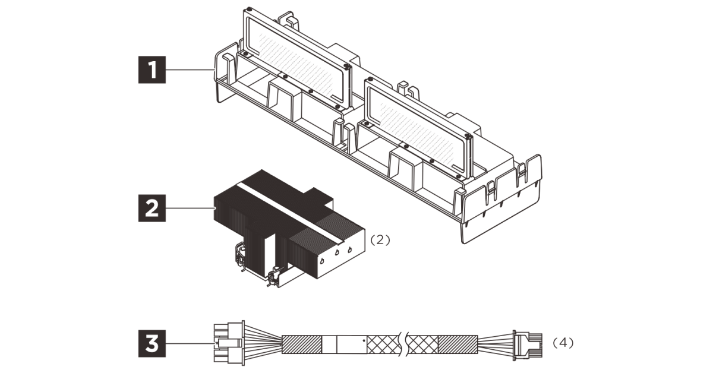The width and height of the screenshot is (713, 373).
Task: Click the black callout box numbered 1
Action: [x=152, y=69]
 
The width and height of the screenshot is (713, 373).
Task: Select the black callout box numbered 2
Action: [x=152, y=208]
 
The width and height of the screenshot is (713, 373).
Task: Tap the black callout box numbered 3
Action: [x=152, y=343]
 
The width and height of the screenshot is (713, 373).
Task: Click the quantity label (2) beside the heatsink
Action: [x=380, y=240]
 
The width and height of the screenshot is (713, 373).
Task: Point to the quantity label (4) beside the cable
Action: [x=563, y=343]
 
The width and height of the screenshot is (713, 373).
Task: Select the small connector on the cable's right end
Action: [x=528, y=345]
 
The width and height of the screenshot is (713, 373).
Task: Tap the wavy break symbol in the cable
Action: [x=403, y=344]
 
